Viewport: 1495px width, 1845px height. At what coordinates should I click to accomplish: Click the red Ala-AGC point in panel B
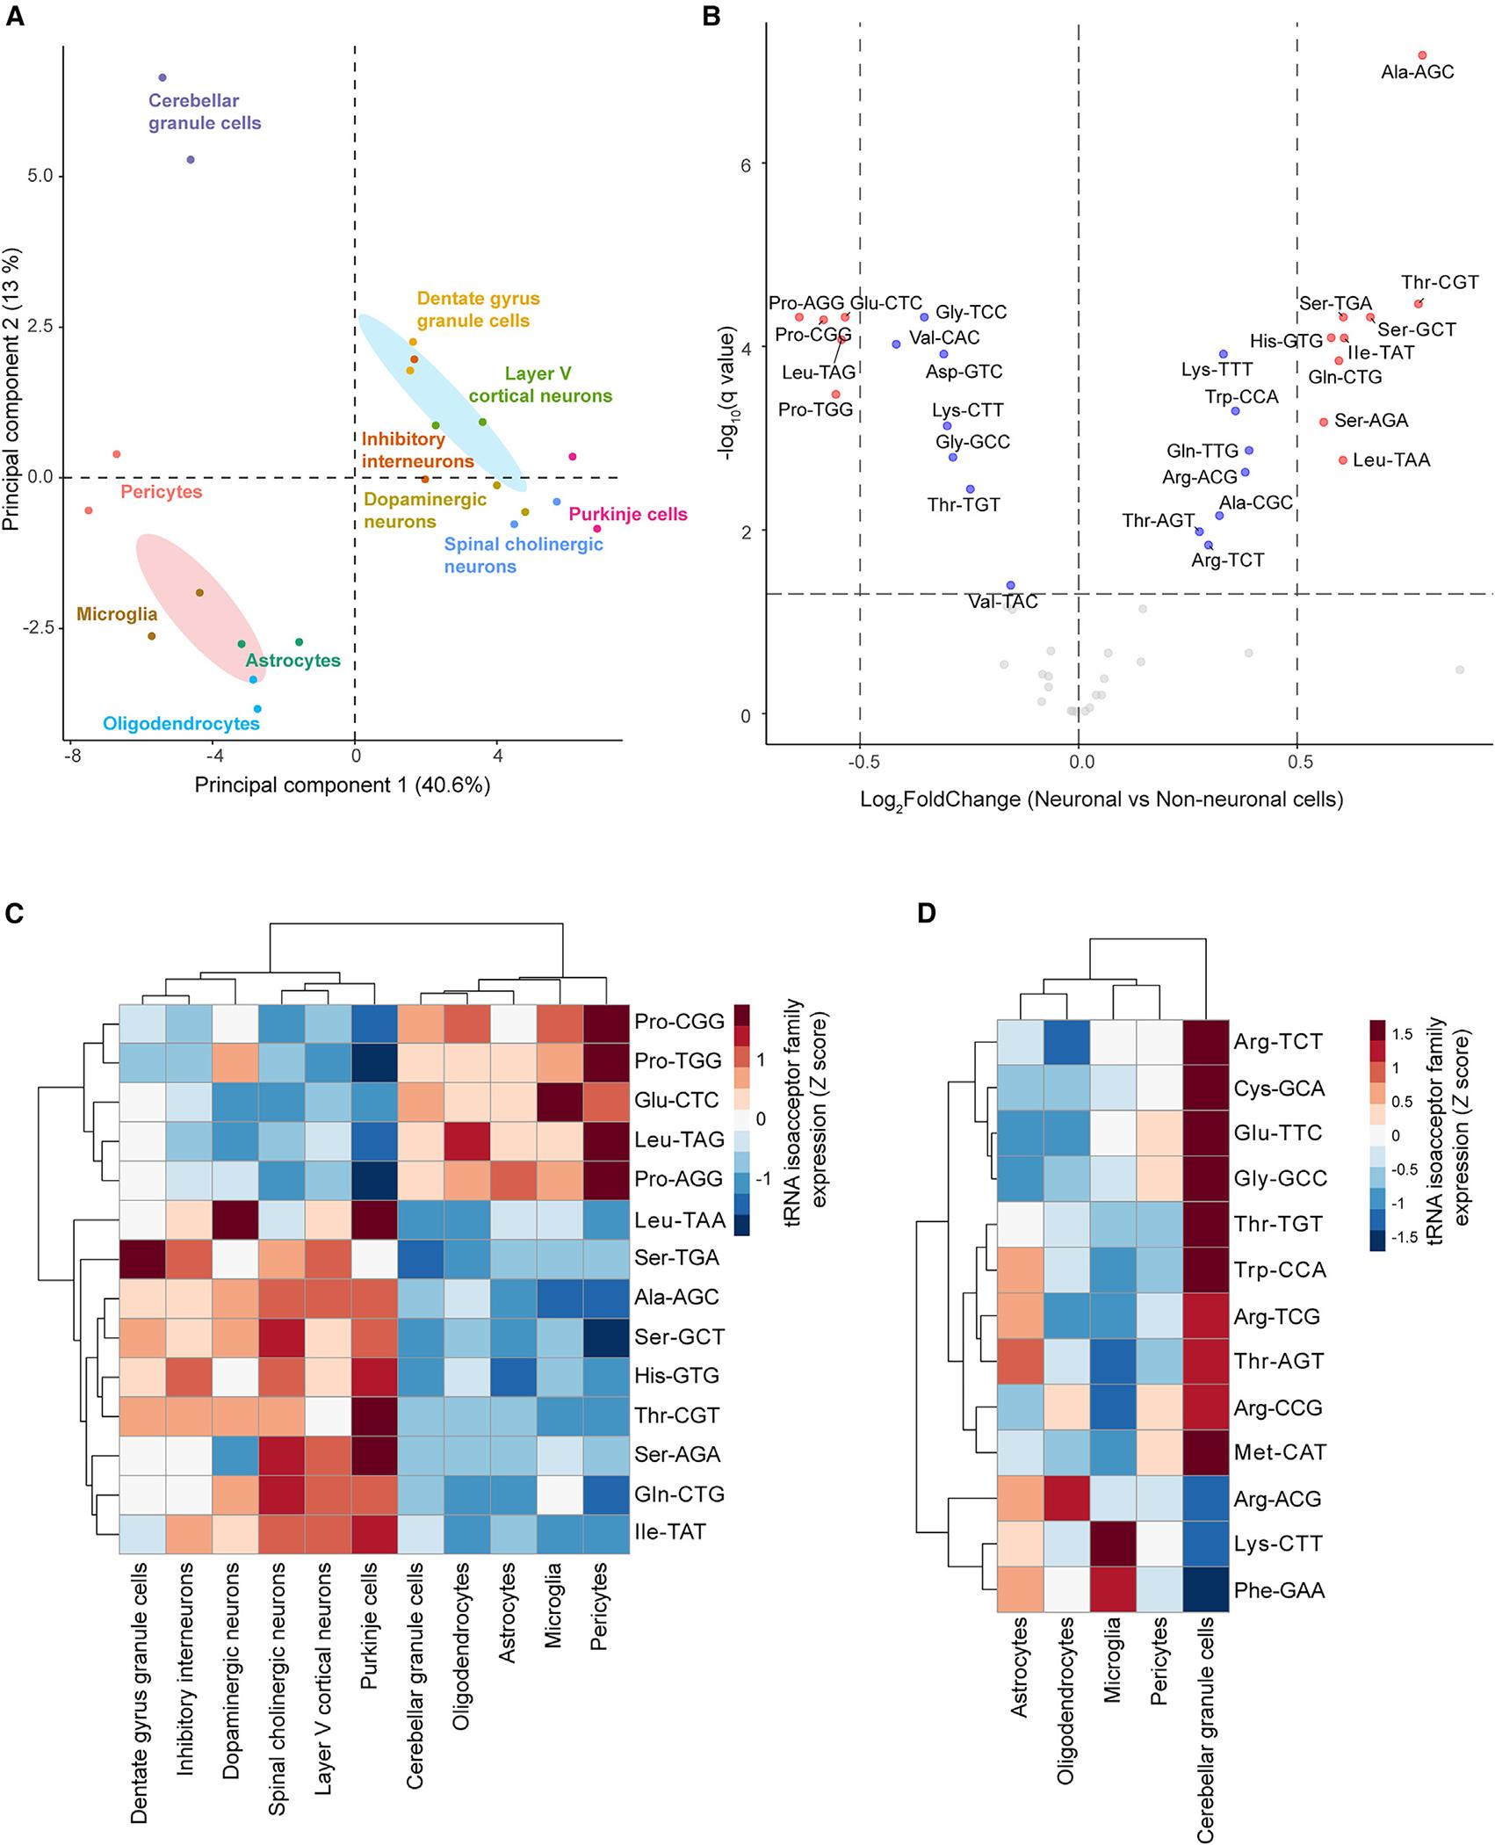point(1422,55)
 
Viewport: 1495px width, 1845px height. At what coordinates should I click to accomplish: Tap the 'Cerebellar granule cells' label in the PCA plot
point(205,112)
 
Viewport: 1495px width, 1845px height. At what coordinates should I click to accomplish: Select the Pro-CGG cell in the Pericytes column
point(606,1022)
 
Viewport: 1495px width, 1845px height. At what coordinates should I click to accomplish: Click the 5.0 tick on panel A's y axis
point(40,176)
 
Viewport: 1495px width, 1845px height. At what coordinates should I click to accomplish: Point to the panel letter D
point(927,914)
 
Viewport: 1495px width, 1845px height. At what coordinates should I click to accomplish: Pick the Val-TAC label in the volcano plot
point(1003,602)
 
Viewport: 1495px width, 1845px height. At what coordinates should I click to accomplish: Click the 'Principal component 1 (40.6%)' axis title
point(343,785)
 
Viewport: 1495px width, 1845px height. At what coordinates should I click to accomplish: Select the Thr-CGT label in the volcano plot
point(1440,283)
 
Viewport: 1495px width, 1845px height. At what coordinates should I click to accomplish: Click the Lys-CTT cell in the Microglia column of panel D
point(1113,1544)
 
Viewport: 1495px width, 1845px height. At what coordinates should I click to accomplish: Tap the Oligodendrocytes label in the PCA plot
point(182,724)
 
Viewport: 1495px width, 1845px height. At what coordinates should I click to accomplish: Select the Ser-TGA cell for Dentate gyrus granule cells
point(142,1257)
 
